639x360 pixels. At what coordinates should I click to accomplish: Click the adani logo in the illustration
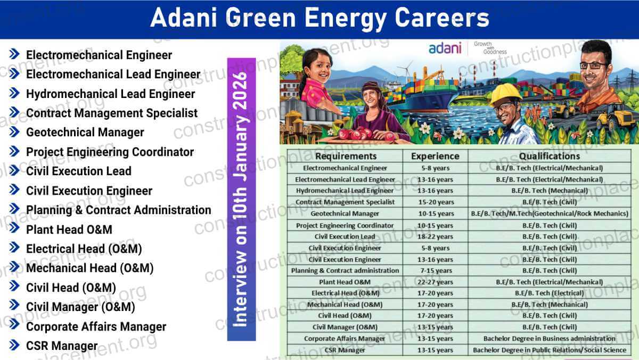(x=445, y=48)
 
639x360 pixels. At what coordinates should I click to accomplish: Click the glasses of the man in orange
(x=593, y=66)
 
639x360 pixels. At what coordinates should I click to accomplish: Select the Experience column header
(x=435, y=156)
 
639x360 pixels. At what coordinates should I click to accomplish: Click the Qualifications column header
(x=550, y=156)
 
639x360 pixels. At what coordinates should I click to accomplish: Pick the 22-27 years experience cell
(x=435, y=282)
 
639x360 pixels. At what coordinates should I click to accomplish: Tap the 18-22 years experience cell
(x=435, y=236)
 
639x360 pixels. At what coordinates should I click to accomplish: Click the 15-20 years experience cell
(x=435, y=202)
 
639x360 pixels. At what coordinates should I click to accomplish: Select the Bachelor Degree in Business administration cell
(x=550, y=338)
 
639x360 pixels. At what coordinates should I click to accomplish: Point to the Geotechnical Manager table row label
(x=345, y=214)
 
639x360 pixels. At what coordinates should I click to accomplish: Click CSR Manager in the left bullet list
(x=62, y=346)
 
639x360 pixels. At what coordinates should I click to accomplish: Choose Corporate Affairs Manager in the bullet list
(x=96, y=326)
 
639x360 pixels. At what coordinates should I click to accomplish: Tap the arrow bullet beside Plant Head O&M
(x=14, y=230)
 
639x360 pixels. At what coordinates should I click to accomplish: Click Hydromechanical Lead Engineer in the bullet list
(x=110, y=94)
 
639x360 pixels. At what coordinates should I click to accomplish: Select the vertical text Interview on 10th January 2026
(x=241, y=199)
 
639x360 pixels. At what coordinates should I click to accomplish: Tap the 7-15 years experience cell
(x=435, y=271)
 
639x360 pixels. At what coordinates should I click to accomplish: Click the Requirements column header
(x=345, y=156)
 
